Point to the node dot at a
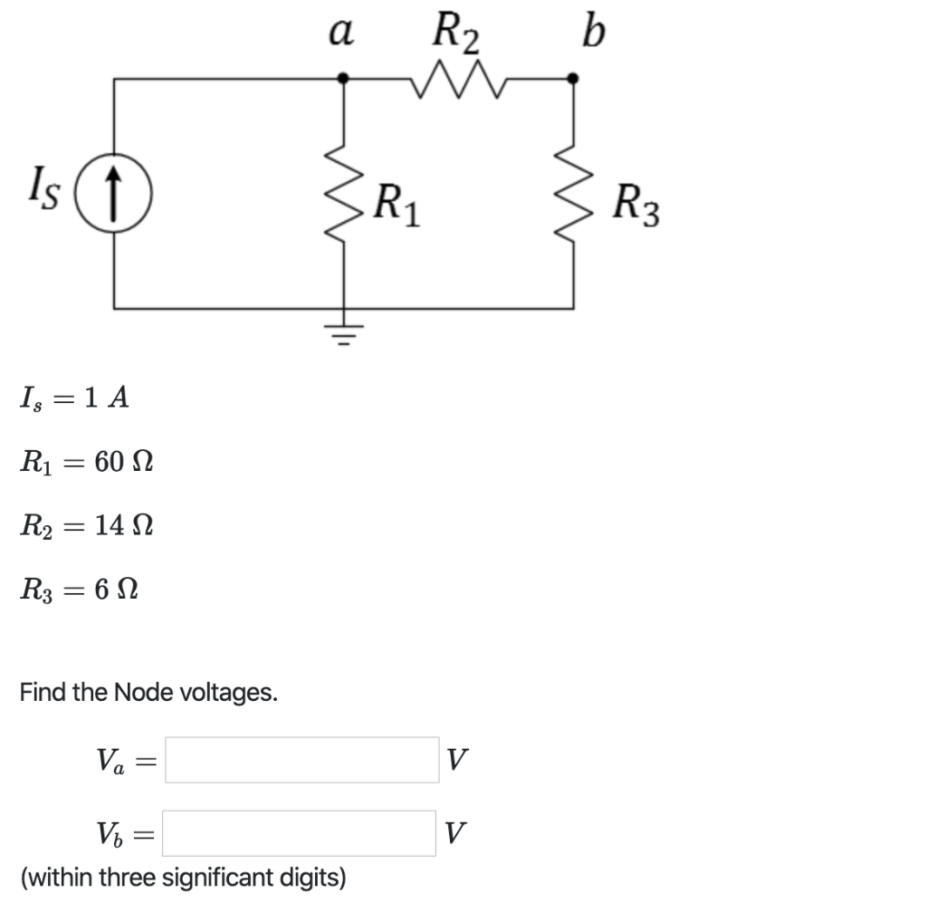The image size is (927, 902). tap(343, 80)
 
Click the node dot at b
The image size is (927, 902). tap(572, 80)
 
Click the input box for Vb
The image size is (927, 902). tap(302, 832)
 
